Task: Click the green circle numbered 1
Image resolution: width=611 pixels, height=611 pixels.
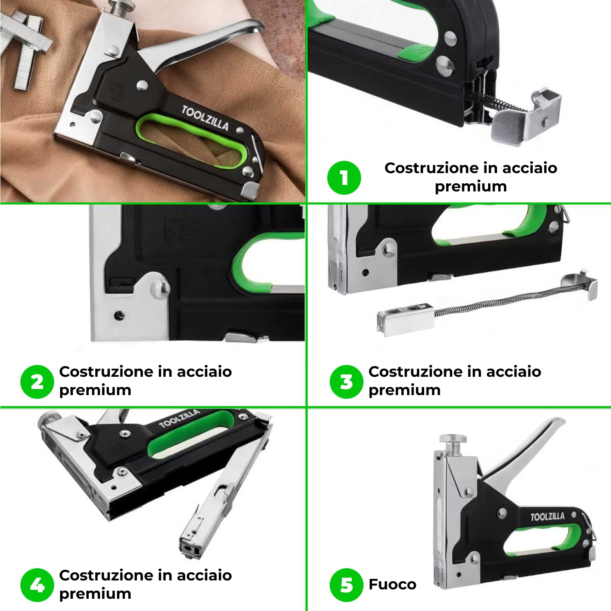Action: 344,178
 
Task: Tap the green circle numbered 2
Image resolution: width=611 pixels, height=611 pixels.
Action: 37,382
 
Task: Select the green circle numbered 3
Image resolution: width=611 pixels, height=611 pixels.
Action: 346,382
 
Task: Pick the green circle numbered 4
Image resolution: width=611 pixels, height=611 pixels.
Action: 37,585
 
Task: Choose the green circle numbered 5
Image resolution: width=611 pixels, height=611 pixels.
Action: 346,585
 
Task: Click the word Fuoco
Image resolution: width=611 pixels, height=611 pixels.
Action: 392,585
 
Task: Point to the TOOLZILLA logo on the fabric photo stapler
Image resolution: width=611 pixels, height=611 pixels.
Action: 205,118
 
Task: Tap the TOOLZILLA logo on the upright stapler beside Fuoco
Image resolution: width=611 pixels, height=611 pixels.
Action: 547,517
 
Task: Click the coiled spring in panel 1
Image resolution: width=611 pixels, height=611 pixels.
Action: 495,102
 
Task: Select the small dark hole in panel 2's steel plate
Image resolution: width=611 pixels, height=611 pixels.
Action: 119,315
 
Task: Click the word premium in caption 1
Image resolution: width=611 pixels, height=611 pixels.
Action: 471,187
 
